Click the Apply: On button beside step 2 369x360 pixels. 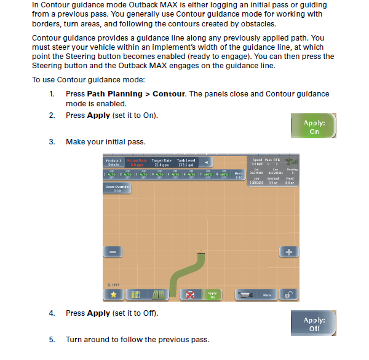click(x=314, y=127)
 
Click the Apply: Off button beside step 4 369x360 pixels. click(x=314, y=324)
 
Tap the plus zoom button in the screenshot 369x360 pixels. click(x=288, y=252)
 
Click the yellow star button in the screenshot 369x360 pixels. click(x=113, y=295)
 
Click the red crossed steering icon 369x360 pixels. click(x=191, y=295)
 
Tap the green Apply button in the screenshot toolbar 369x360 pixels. click(x=212, y=295)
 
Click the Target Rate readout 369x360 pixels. click(x=161, y=162)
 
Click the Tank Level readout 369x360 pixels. click(x=186, y=162)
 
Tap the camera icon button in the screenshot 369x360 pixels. click(x=245, y=295)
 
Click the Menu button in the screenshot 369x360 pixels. click(x=267, y=295)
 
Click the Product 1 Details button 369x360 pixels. click(x=113, y=162)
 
